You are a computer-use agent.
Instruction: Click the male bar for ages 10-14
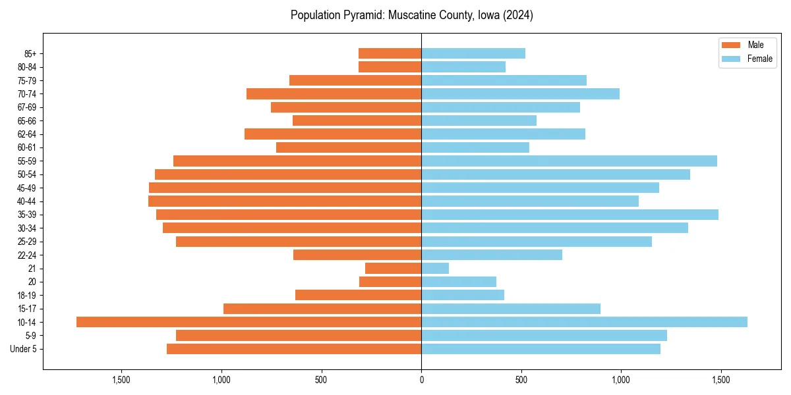point(249,322)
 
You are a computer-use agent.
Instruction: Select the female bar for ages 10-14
point(584,322)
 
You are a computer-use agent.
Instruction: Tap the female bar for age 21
point(435,269)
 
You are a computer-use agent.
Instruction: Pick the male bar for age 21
point(393,269)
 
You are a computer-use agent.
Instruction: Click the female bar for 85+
point(473,53)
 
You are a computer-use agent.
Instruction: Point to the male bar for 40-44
point(285,201)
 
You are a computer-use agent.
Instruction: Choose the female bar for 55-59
point(569,161)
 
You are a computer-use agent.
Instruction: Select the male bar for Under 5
point(294,349)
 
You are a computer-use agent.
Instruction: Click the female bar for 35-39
point(570,215)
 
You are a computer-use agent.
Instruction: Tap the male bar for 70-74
point(334,94)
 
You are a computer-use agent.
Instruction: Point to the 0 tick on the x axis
point(421,380)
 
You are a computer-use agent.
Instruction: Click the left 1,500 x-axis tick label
point(121,380)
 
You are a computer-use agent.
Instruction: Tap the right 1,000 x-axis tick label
point(621,380)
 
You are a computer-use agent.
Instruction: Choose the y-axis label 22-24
point(27,255)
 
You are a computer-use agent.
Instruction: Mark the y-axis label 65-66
point(27,121)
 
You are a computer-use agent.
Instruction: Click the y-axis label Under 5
point(23,349)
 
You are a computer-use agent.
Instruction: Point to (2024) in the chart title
point(518,15)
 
